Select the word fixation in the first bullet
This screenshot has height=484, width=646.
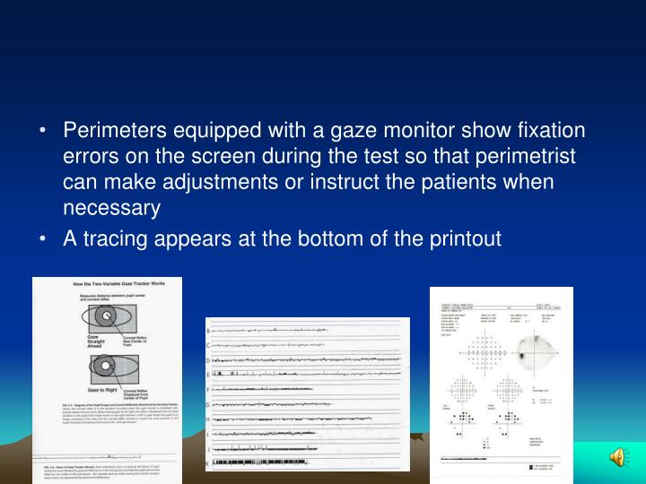(x=546, y=131)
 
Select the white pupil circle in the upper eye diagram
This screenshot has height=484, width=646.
(x=104, y=316)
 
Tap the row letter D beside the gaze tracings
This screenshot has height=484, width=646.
(x=209, y=360)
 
